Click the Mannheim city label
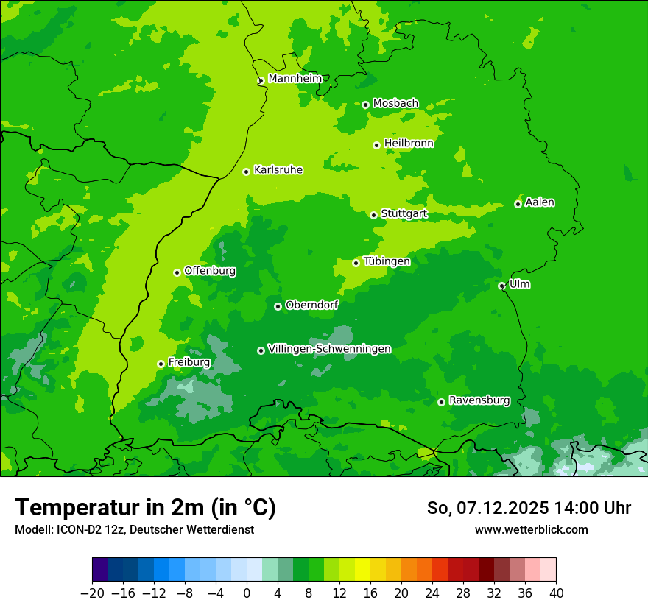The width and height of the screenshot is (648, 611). [295, 78]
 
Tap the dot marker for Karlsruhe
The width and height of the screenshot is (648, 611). [246, 172]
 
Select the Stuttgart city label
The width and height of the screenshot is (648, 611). [404, 214]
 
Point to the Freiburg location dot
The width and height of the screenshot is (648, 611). [161, 364]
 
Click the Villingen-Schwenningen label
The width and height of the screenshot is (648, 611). [329, 349]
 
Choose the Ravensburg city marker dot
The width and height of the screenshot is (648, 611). [441, 402]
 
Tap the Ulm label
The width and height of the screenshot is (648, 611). [519, 284]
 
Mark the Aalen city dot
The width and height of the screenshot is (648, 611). [518, 204]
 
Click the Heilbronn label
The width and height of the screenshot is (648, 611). [409, 144]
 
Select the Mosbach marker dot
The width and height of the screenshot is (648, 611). [365, 105]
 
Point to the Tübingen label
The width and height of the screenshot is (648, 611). [387, 261]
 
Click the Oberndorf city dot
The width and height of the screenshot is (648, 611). [278, 306]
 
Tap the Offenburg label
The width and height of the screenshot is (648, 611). [210, 271]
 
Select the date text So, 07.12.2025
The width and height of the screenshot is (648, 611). [482, 508]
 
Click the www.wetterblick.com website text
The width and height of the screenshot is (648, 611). [531, 529]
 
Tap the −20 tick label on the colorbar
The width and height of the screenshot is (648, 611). [92, 593]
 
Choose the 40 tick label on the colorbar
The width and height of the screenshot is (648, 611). [556, 593]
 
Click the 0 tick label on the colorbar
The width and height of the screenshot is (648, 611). [247, 593]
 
